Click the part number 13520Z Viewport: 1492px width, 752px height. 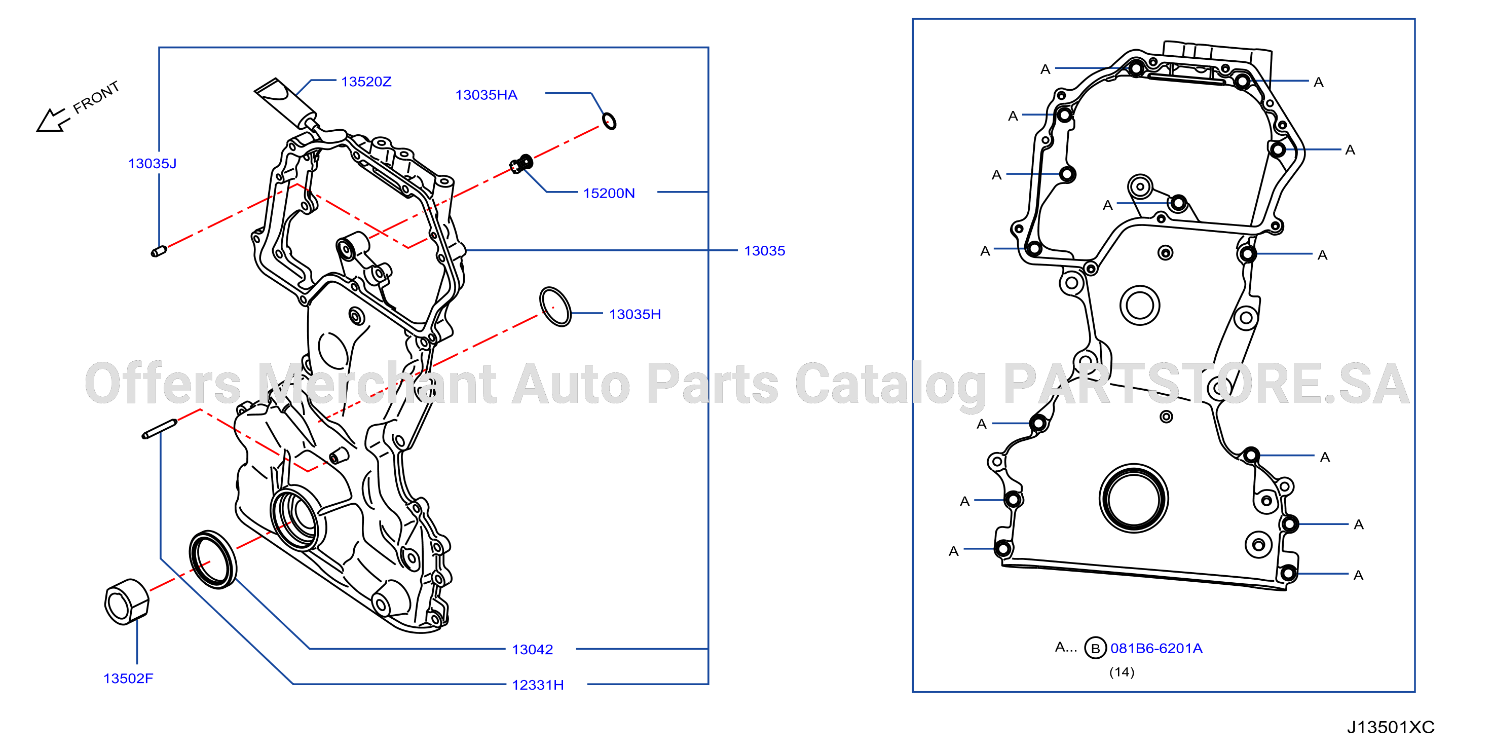pyautogui.click(x=366, y=82)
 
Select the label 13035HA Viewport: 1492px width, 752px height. pyautogui.click(x=486, y=95)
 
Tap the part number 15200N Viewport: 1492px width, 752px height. pyautogui.click(x=609, y=193)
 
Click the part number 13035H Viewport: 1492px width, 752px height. pyautogui.click(x=635, y=314)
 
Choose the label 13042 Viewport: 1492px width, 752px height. pyautogui.click(x=532, y=650)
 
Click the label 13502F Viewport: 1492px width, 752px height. pyautogui.click(x=128, y=679)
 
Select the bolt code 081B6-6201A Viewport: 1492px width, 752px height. pyautogui.click(x=1156, y=648)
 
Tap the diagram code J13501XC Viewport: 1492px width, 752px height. pyautogui.click(x=1390, y=727)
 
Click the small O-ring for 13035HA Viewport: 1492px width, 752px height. pyautogui.click(x=609, y=121)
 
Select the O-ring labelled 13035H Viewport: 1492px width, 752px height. pyautogui.click(x=555, y=307)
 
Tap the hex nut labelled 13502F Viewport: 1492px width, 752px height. pyautogui.click(x=127, y=601)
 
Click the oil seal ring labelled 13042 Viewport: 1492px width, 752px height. pyautogui.click(x=213, y=559)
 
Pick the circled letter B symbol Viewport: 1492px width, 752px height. pyautogui.click(x=1095, y=648)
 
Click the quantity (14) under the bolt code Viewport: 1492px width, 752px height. pyautogui.click(x=1122, y=672)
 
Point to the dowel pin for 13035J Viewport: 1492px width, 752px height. pyautogui.click(x=159, y=251)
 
